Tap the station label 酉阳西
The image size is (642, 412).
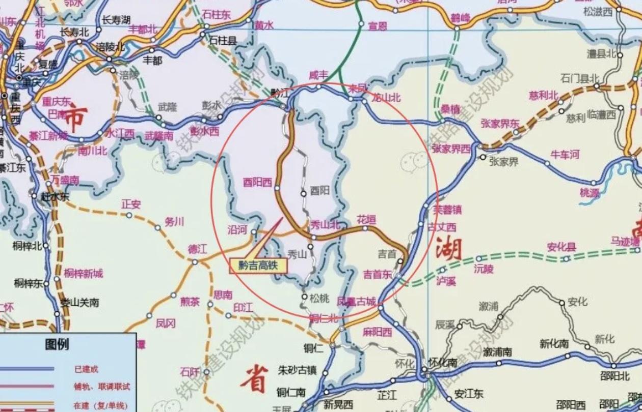(257, 183)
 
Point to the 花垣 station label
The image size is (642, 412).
(366, 220)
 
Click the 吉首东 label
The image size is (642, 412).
(378, 274)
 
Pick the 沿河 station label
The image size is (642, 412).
(237, 230)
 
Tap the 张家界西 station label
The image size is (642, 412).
(451, 149)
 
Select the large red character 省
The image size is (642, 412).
(253, 379)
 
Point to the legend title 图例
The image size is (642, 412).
(57, 345)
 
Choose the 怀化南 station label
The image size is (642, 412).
(442, 362)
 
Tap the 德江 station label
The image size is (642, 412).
(198, 250)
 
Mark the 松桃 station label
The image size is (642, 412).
(319, 298)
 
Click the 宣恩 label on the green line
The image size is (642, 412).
(378, 26)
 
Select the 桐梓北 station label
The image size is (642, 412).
(28, 246)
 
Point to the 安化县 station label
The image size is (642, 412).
(561, 247)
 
